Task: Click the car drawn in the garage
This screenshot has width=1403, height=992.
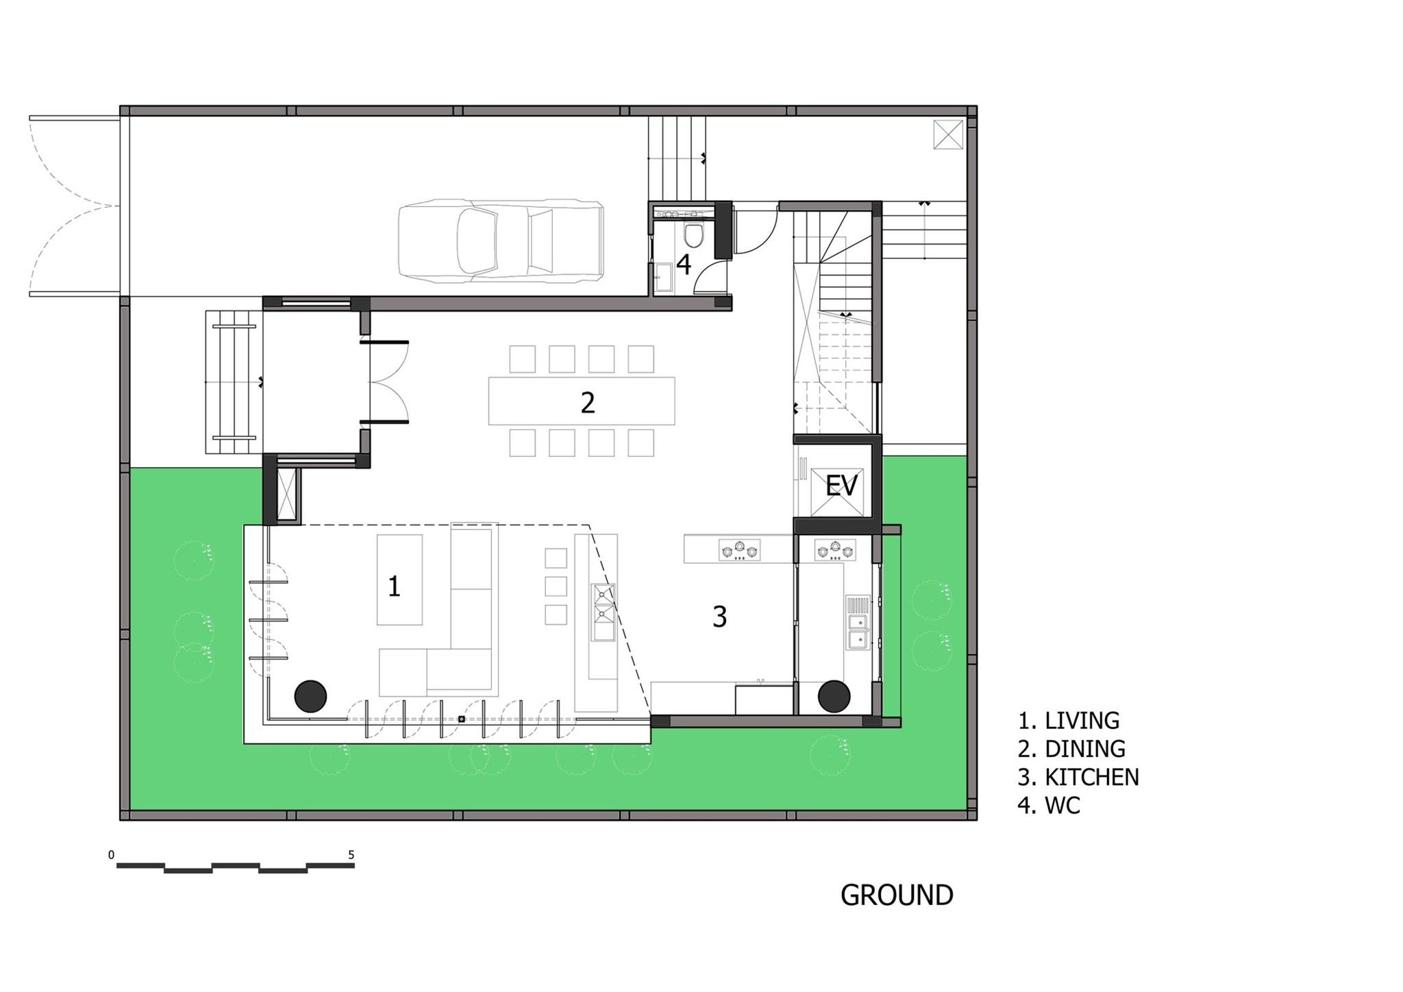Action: (501, 240)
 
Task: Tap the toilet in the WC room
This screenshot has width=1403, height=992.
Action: (693, 236)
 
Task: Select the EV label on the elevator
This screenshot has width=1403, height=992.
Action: (841, 486)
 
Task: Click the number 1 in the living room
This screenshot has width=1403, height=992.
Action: (394, 586)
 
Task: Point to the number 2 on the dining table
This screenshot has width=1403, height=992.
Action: (587, 403)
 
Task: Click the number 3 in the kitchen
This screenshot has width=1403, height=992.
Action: (719, 617)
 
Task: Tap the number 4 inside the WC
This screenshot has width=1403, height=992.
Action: (684, 264)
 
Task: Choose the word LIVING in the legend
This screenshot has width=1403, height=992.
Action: (1082, 721)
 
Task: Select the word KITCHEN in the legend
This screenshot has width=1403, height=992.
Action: (1091, 777)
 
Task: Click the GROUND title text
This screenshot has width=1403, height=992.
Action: (897, 895)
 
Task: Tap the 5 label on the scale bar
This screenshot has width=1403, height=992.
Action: (351, 855)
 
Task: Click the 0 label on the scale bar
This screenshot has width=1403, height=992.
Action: (112, 855)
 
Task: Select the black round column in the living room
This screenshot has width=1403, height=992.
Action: (311, 697)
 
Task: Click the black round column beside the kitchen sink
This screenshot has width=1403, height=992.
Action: (834, 697)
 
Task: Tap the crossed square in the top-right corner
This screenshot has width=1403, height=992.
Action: (948, 134)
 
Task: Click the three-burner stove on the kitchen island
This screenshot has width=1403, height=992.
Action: (739, 550)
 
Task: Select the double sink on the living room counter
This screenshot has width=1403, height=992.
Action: (604, 612)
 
